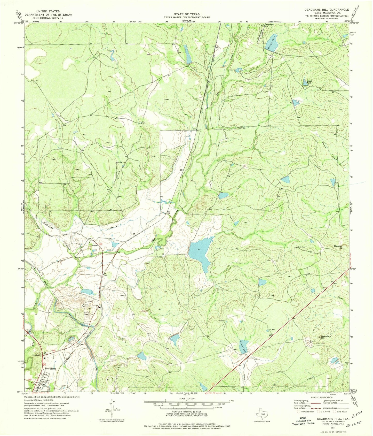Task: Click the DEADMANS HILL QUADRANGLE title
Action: [x=328, y=10]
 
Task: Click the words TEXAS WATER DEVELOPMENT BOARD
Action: [x=187, y=17]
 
